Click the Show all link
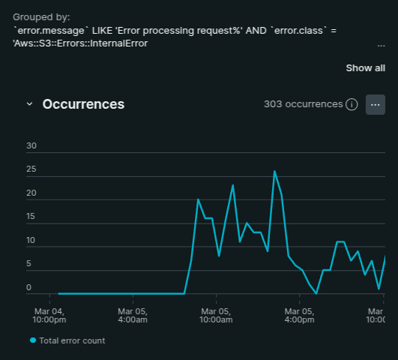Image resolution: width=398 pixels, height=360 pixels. (365, 68)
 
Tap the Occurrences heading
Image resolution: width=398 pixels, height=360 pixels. (83, 104)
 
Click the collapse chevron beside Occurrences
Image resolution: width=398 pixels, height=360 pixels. (29, 104)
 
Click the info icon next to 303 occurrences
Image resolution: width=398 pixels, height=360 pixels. (352, 104)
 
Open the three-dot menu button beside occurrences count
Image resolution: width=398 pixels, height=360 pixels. (376, 105)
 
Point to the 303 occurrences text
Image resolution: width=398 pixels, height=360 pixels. (304, 104)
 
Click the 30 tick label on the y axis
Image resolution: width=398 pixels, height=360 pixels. (31, 145)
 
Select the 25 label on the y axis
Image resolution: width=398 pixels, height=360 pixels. (31, 169)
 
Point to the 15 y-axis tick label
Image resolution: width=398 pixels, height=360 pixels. (31, 217)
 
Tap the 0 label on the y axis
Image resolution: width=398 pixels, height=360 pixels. (28, 287)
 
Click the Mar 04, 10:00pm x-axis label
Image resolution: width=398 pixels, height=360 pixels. (49, 315)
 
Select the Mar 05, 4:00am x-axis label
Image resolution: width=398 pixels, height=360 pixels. (133, 315)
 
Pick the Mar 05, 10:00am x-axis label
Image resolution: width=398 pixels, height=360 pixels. (216, 315)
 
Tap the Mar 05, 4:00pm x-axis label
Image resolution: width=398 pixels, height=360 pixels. (299, 315)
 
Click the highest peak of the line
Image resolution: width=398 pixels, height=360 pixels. (274, 171)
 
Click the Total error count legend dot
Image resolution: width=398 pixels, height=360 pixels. (33, 340)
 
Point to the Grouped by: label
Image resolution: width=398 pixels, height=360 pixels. (41, 17)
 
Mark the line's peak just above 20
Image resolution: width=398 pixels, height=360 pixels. (198, 199)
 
